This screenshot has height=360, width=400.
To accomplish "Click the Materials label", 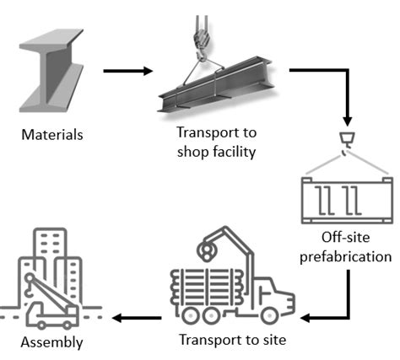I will [51, 134].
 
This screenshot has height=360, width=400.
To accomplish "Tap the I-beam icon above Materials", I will [52, 75].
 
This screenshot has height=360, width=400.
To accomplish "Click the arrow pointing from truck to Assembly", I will [139, 319].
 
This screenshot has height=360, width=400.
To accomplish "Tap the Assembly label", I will [51, 342].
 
